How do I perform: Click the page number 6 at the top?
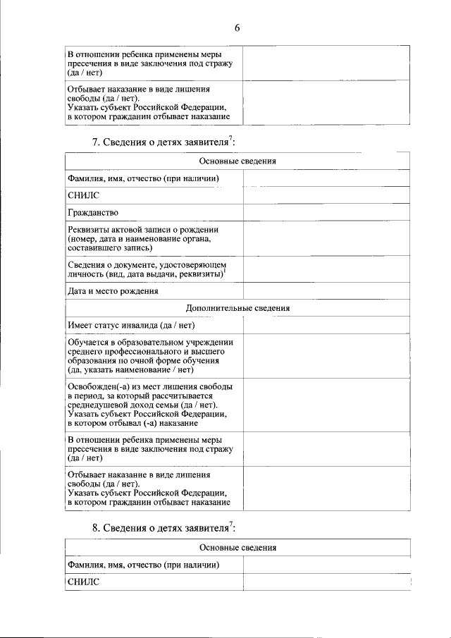click(x=237, y=27)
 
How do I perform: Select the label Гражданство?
click(x=93, y=212)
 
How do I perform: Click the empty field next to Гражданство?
click(x=326, y=212)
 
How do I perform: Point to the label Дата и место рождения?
click(x=113, y=290)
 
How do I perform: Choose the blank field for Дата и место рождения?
click(x=326, y=290)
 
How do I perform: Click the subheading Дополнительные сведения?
click(x=237, y=308)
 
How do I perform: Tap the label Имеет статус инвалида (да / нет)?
click(x=131, y=325)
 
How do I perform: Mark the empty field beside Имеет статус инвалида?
click(x=326, y=325)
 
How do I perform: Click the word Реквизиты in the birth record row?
click(x=87, y=230)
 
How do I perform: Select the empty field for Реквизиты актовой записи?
click(x=326, y=238)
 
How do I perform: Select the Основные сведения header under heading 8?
click(x=237, y=547)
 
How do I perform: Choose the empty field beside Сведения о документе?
click(x=326, y=269)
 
